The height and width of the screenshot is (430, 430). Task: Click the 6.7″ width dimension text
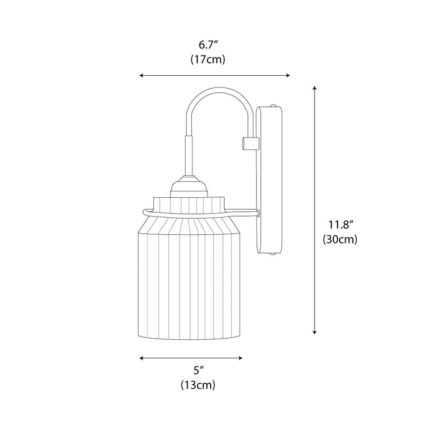207,45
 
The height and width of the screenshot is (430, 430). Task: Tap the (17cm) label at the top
207,60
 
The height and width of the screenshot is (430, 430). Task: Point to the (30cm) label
340,240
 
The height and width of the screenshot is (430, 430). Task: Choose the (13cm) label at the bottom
198,385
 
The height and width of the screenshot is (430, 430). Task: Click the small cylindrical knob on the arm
249,143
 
